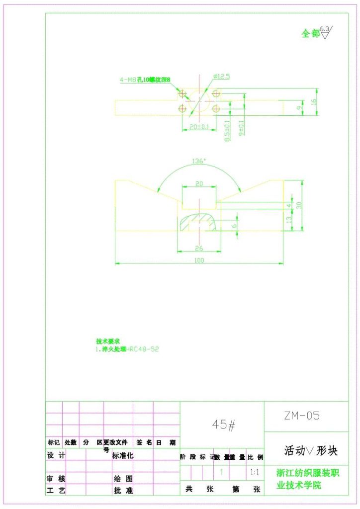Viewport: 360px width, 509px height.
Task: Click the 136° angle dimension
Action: tap(199, 161)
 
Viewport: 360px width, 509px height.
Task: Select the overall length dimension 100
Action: tap(199, 259)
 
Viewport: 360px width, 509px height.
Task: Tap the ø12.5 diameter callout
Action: tap(221, 76)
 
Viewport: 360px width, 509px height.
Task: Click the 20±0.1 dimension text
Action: tap(199, 126)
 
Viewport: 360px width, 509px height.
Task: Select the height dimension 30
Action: tap(299, 205)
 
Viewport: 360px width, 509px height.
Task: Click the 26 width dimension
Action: tap(199, 248)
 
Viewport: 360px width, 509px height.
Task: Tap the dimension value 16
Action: tap(313, 101)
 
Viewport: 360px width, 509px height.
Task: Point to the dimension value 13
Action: tap(289, 220)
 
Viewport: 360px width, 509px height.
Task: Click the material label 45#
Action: tap(223, 424)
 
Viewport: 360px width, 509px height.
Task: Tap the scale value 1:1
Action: tap(255, 471)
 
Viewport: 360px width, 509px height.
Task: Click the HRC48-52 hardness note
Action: tap(143, 349)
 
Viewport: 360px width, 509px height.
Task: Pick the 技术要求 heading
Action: tap(108, 341)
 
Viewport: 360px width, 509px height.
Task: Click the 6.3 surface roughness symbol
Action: tap(325, 32)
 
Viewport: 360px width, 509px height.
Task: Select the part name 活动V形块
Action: tap(311, 451)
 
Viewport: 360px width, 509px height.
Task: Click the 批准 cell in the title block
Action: tap(123, 491)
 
